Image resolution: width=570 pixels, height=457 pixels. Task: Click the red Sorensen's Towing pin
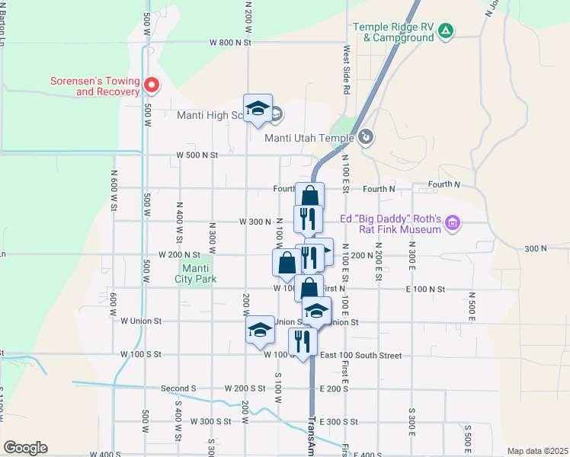(151, 85)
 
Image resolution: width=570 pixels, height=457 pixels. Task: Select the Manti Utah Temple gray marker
(367, 137)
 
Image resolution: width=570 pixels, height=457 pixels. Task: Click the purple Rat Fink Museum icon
(453, 223)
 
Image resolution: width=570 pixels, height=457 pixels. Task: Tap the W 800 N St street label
(231, 43)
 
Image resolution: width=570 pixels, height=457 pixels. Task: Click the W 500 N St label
(197, 155)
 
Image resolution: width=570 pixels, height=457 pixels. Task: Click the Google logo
(25, 448)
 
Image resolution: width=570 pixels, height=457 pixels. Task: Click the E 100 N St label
(425, 289)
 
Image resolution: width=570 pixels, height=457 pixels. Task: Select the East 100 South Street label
(360, 355)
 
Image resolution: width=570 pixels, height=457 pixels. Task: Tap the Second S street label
(178, 388)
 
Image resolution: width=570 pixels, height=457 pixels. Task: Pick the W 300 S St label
(210, 421)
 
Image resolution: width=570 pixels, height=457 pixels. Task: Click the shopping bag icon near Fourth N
(309, 196)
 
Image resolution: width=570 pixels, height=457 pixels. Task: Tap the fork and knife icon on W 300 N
(308, 219)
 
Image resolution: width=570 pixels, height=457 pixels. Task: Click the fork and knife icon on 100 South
(303, 342)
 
